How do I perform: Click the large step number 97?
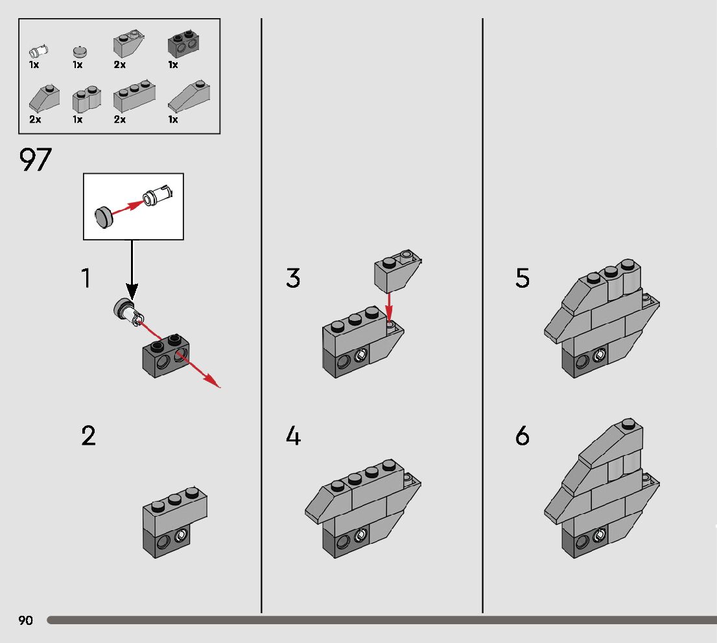point(36,161)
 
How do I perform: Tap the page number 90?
point(25,621)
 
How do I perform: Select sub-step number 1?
point(86,279)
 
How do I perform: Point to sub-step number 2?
point(88,436)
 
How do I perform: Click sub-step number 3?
point(293,279)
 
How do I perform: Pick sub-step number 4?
point(293,436)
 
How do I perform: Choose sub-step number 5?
point(523,279)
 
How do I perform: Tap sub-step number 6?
point(523,436)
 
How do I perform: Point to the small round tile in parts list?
point(79,50)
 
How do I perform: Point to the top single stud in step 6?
point(627,424)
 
